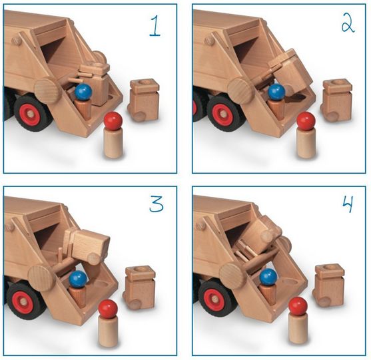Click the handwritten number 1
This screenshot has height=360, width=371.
(x=155, y=26)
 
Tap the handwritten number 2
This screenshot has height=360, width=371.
(x=348, y=25)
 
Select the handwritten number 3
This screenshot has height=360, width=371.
(x=157, y=204)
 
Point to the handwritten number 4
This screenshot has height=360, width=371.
(x=348, y=205)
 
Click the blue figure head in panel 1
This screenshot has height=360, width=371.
(x=83, y=92)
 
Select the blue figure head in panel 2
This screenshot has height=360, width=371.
(x=276, y=92)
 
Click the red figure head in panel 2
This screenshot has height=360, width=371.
(x=306, y=121)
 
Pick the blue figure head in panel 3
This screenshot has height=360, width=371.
(x=78, y=279)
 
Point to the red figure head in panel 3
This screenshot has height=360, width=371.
(x=108, y=309)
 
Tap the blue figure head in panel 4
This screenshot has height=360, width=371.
(x=268, y=277)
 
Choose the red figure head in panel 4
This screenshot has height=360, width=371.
(x=298, y=306)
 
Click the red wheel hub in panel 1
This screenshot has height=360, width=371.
(x=30, y=114)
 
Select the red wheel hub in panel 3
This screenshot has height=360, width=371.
(x=23, y=301)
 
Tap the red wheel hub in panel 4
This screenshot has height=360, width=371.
(x=214, y=299)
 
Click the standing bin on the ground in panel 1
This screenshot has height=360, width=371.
(x=144, y=100)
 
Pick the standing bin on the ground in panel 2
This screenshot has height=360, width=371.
(x=336, y=100)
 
